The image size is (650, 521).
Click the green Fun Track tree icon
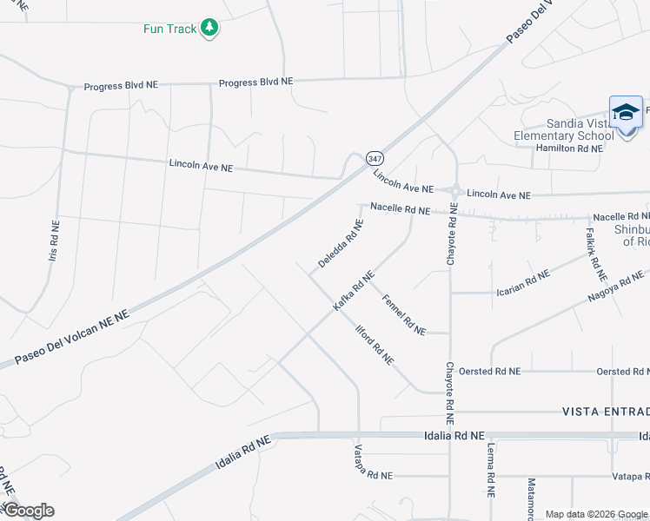(x=209, y=28)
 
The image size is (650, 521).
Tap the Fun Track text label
(x=170, y=29)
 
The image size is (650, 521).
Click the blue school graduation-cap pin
(x=626, y=114)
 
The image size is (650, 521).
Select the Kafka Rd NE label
(x=354, y=291)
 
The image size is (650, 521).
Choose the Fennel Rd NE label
(x=404, y=314)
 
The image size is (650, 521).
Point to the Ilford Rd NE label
(x=375, y=343)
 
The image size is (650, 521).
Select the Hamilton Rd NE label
(x=569, y=148)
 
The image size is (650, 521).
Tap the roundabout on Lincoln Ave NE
(x=454, y=191)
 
